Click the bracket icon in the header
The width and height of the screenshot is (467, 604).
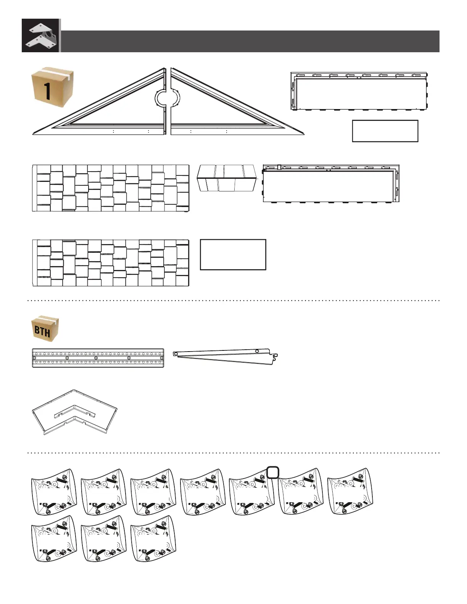tap(40, 35)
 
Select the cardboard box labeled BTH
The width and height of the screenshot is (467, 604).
tap(45, 328)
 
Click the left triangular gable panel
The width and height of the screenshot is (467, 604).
tap(114, 111)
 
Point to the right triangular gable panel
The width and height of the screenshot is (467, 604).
tap(221, 111)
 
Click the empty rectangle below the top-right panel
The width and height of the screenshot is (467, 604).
tap(385, 131)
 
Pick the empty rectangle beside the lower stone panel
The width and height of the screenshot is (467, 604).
tap(233, 255)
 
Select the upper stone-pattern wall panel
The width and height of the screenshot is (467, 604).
tap(111, 188)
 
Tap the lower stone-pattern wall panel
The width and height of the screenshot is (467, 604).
tap(111, 263)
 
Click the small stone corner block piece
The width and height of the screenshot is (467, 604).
tap(227, 178)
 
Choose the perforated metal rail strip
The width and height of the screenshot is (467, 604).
tap(98, 358)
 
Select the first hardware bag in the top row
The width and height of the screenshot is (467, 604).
tap(53, 492)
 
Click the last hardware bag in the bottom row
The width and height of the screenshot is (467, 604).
tap(153, 539)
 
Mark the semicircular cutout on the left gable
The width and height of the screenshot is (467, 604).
tap(160, 99)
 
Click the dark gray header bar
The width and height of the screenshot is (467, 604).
tap(250, 41)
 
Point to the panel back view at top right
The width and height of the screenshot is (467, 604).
tap(359, 92)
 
